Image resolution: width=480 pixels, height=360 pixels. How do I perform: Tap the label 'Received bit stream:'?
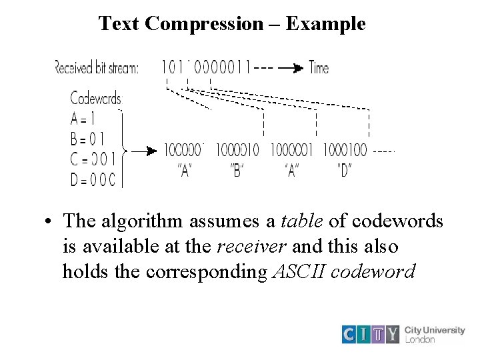pos(96,67)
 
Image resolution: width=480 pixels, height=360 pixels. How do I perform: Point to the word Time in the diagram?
pos(319,67)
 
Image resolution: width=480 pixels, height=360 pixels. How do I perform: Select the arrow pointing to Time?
pos(289,67)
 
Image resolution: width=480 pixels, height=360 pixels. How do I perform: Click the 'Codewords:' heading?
pos(96,99)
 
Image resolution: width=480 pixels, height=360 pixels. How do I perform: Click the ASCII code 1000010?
pos(238,149)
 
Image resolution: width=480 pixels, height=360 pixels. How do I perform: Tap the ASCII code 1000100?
pos(345,149)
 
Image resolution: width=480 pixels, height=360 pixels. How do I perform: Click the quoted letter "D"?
pos(344,170)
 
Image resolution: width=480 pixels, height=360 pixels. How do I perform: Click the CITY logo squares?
pos(370,333)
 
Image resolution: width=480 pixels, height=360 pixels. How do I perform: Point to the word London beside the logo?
pos(420,339)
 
